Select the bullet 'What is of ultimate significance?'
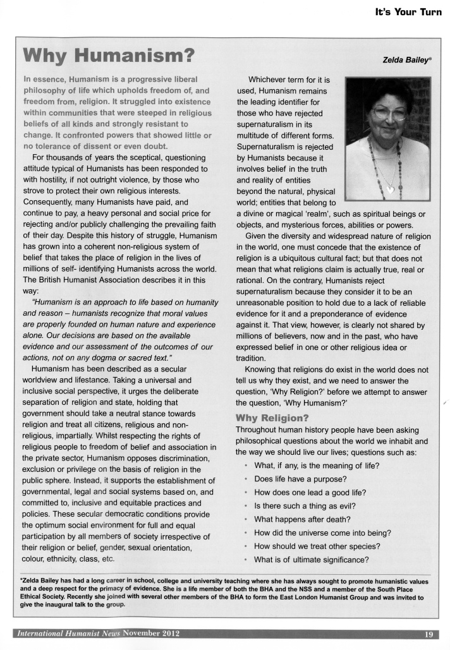coord(312,560)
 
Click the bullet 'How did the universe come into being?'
coord(323,533)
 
